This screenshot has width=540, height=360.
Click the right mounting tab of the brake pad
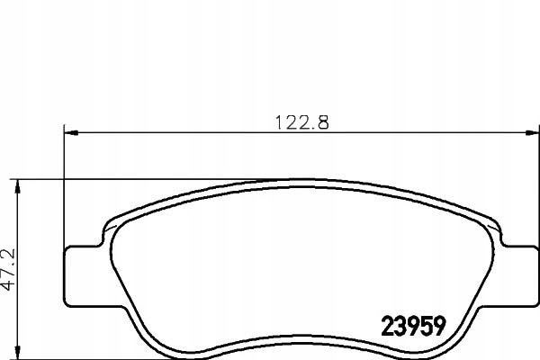pos(517,274)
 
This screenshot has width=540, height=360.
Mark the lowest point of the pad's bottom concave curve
pos(297,334)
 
